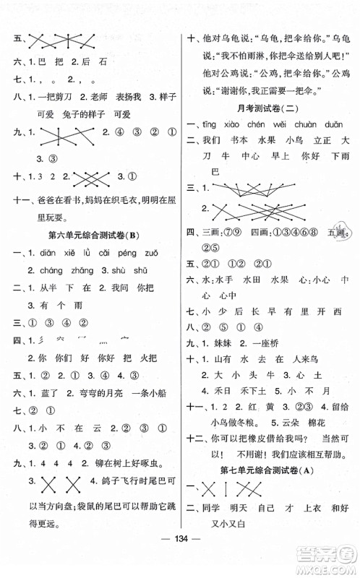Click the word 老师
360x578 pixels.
107,95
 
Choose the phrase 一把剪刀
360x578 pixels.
64,95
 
